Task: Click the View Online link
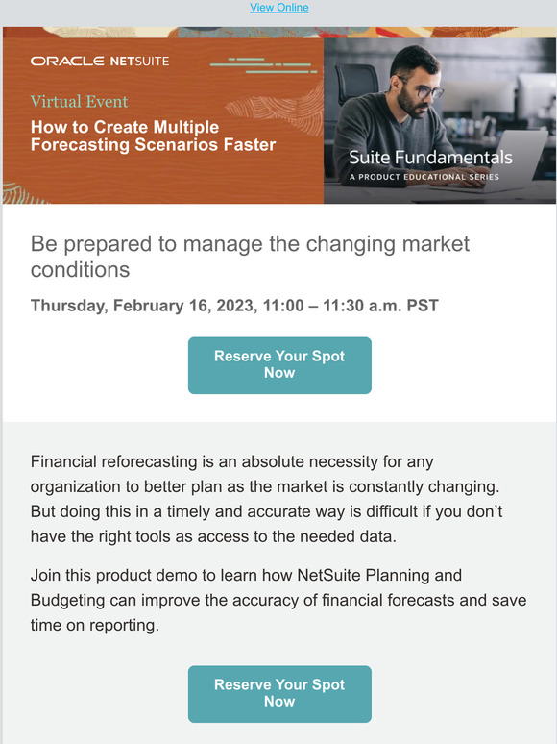point(278,8)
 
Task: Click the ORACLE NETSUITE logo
point(100,61)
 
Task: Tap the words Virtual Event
point(79,101)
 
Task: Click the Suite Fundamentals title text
point(430,158)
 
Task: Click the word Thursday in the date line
point(68,306)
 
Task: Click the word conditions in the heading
point(80,269)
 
